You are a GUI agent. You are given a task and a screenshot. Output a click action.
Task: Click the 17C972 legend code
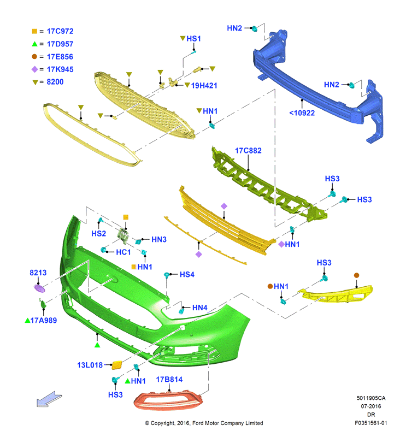[60, 31]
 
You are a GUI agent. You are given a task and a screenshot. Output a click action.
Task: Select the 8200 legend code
[55, 81]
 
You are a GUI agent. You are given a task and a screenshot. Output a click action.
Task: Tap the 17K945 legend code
[60, 69]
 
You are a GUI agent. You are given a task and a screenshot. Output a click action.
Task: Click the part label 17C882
[248, 151]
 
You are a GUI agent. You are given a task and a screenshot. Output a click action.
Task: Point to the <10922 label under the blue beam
[302, 113]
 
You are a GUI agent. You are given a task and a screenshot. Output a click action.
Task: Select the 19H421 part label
[204, 86]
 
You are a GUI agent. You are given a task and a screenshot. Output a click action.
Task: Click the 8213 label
[38, 273]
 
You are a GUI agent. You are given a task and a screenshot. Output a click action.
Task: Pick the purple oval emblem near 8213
[39, 288]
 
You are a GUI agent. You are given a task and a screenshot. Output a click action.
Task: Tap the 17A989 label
[44, 321]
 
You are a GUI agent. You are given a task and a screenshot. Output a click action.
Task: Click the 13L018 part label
[90, 365]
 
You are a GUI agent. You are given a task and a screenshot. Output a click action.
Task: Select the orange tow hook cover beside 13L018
[117, 365]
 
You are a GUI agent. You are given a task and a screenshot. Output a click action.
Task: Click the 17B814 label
[169, 380]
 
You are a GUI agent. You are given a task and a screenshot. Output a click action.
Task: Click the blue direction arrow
[49, 399]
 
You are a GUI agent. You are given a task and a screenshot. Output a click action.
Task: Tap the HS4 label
[187, 274]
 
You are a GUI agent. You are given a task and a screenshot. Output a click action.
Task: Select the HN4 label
[200, 308]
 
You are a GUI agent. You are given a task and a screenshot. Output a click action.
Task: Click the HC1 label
[123, 252]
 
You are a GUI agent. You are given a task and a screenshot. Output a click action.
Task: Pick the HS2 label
[98, 233]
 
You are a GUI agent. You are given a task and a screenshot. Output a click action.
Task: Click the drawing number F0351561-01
[371, 423]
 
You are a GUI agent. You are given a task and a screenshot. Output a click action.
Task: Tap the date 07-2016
[371, 406]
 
